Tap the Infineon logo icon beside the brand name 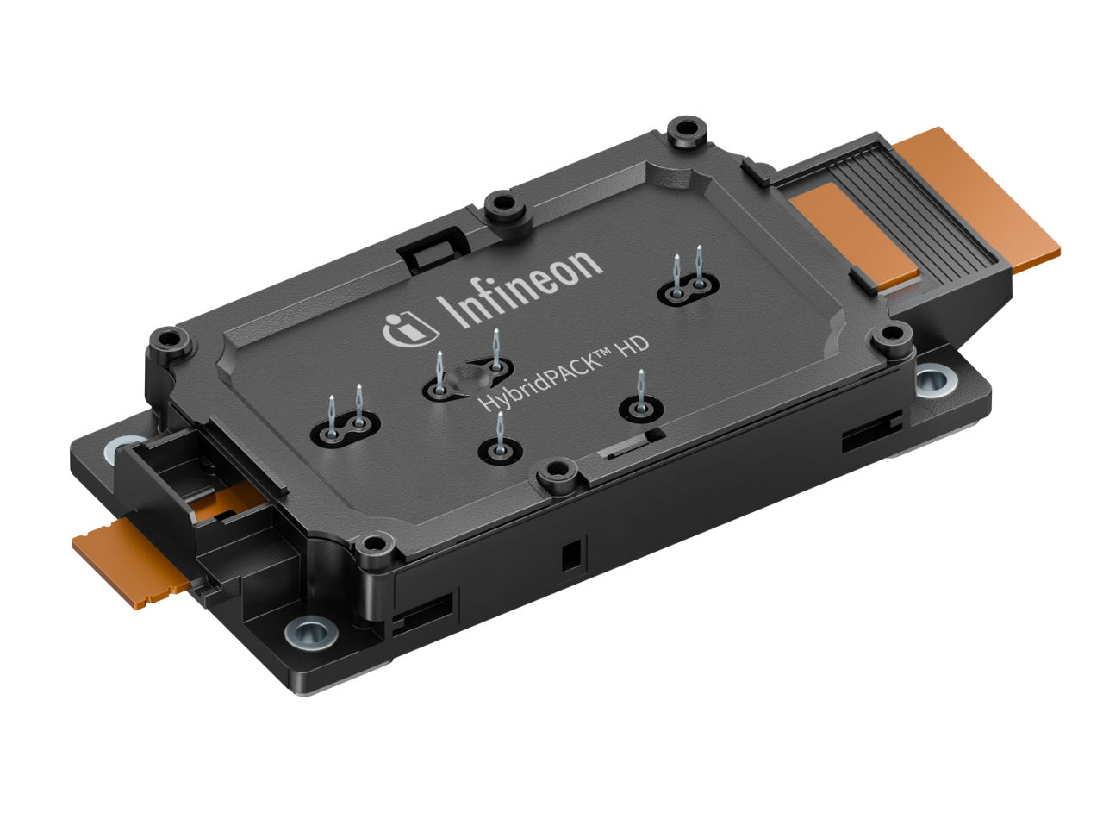[x=409, y=329]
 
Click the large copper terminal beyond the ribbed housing [x=977, y=199]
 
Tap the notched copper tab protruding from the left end [x=129, y=562]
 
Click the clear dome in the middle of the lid [x=466, y=379]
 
